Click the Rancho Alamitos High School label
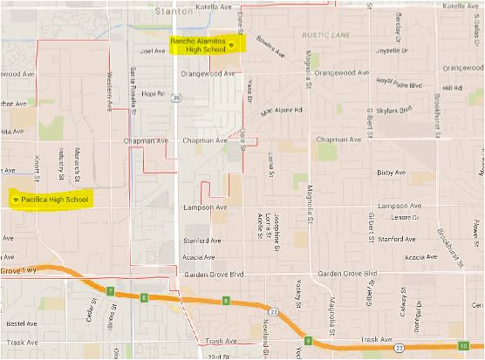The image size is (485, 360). click(x=206, y=45)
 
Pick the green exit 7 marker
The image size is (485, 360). click(x=111, y=290)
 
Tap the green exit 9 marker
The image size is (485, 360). click(x=307, y=340)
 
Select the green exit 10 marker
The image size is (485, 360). click(x=461, y=346)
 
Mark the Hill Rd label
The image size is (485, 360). click(x=450, y=88)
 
